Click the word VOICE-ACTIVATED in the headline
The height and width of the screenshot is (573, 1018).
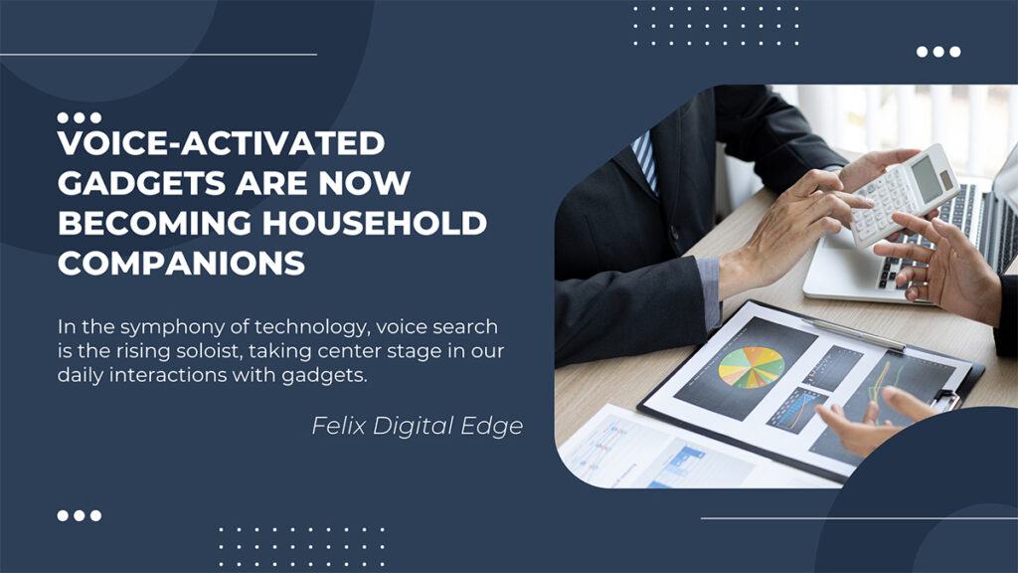point(222,143)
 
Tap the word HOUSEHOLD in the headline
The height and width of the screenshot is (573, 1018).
point(375,223)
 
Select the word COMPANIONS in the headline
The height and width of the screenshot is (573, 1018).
point(181,263)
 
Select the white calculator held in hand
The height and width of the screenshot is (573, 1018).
point(905,195)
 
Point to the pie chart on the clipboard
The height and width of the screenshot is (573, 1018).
point(752,368)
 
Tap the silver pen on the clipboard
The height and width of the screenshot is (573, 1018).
point(853,334)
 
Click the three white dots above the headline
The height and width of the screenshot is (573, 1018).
point(80,117)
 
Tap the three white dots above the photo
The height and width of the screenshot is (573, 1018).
point(938,52)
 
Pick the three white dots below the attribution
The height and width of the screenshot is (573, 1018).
point(80,516)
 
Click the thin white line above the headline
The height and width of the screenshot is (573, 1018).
point(158,55)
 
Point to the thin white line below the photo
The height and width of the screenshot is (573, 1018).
point(860,518)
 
